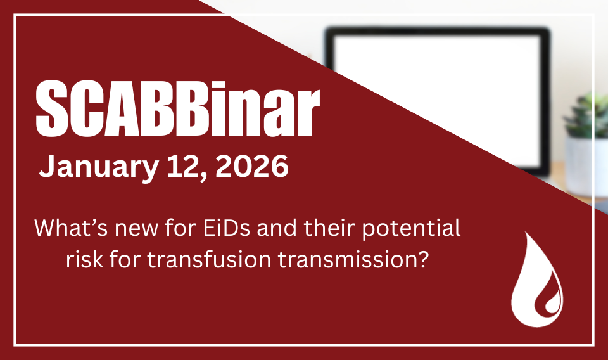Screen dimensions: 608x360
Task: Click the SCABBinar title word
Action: point(177,108)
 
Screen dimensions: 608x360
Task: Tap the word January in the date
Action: point(99,167)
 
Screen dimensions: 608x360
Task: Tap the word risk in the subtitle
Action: point(84,259)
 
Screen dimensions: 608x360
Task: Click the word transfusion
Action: point(209,259)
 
